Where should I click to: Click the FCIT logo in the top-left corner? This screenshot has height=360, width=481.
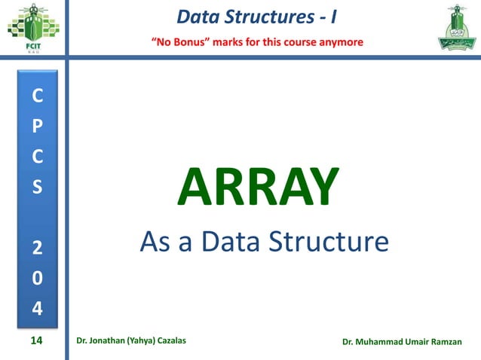click(x=32, y=29)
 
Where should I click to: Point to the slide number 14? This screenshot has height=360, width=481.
click(x=36, y=341)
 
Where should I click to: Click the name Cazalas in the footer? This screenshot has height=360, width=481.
click(x=170, y=341)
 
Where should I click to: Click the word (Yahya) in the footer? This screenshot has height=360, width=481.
click(x=133, y=341)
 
